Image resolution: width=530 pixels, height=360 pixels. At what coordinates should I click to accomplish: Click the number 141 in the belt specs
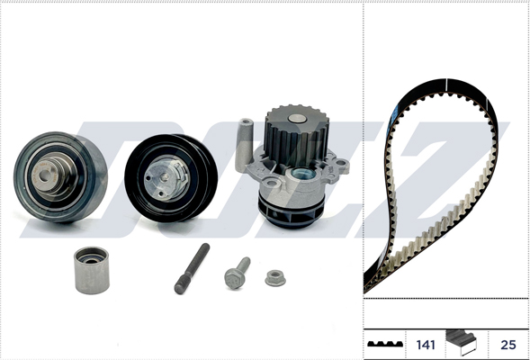426,345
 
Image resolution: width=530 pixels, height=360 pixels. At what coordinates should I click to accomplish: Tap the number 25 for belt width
508,345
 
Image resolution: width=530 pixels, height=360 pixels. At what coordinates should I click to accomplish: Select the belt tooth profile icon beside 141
385,344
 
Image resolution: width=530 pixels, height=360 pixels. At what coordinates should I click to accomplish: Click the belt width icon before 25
461,342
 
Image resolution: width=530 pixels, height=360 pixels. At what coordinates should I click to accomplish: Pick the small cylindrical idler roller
92,270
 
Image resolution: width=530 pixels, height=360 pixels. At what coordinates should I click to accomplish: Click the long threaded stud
192,268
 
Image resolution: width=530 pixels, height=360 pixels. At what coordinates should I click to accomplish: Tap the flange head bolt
237,273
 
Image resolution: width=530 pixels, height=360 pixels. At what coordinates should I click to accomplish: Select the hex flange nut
275,278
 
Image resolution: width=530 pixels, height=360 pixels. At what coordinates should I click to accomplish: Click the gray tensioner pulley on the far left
60,176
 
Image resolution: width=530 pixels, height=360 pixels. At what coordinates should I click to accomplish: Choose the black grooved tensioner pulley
171,178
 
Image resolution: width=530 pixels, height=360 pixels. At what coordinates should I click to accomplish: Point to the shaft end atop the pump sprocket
297,119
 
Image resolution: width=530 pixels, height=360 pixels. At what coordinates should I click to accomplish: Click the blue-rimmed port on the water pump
303,175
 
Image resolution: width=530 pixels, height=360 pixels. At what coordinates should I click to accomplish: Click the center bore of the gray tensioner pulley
44,175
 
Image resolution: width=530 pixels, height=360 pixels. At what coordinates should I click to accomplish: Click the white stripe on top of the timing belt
447,85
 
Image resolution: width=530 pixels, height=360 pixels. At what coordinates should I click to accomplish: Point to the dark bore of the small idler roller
91,261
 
